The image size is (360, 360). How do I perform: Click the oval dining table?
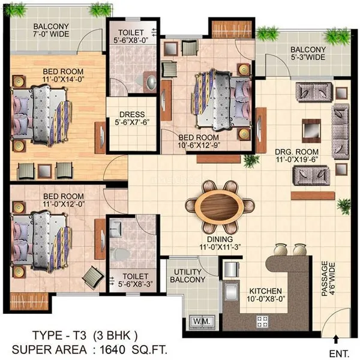click(x=220, y=205)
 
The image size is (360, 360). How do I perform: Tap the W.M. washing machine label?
click(x=202, y=321)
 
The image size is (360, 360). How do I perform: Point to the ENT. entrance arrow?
click(x=336, y=339)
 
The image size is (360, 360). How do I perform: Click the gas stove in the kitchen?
click(x=262, y=322)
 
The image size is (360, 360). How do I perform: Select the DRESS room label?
click(x=132, y=115)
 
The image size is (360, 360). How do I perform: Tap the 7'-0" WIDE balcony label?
click(x=51, y=34)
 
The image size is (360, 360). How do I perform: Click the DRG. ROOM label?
click(x=296, y=152)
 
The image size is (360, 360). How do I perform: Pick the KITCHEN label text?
click(x=265, y=291)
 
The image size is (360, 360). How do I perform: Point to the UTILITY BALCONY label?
click(x=188, y=276)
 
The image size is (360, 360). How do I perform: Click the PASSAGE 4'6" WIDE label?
click(x=328, y=278)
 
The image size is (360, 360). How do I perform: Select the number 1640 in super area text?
click(x=113, y=350)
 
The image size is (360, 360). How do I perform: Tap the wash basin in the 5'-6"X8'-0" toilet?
click(x=151, y=82)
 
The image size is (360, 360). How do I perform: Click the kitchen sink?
click(x=231, y=292)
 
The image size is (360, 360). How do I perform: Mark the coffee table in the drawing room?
click(x=311, y=131)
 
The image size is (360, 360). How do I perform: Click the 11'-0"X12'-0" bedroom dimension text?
click(x=64, y=204)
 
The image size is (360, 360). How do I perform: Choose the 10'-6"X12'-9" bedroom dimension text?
click(x=199, y=145)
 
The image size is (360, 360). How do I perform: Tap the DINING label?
click(x=220, y=239)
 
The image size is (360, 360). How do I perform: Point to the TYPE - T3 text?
click(x=59, y=335)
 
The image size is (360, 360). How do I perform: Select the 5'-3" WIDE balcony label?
click(x=308, y=57)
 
